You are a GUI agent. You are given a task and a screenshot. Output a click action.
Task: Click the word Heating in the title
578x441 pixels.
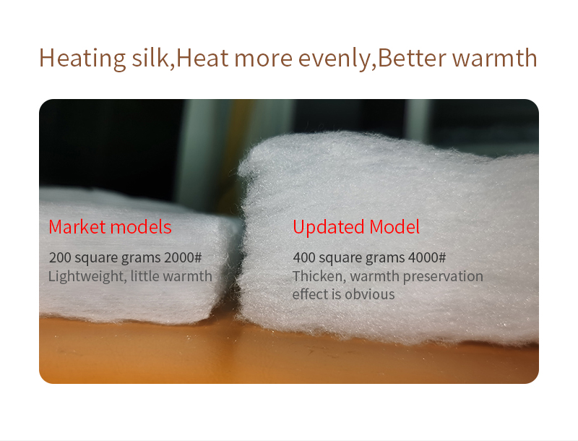coord(82,59)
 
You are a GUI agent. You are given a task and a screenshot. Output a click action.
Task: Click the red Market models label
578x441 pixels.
coord(110,227)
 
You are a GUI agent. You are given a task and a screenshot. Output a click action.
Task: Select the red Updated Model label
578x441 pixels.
coord(356,227)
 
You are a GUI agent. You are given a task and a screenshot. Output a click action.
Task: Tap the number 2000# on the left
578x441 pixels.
coord(183,257)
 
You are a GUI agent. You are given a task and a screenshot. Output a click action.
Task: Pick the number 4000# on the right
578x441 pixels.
coord(427,257)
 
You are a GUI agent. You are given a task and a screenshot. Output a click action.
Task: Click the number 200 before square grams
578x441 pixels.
coord(60,257)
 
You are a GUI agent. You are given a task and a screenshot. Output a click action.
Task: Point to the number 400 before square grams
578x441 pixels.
coord(303,257)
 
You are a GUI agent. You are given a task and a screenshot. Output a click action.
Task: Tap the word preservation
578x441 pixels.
coord(443,277)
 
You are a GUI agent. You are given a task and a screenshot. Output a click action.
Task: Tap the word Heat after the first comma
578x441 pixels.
coord(202,58)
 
